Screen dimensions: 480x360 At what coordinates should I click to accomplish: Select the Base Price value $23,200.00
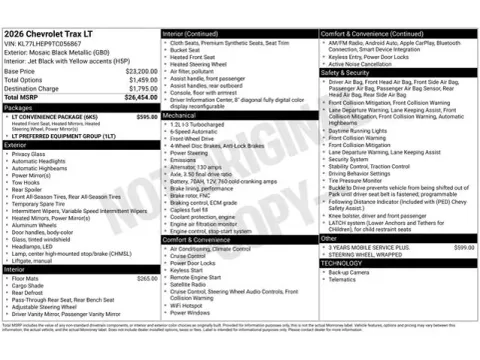point(140,71)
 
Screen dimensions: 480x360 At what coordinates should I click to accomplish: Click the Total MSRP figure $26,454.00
point(140,98)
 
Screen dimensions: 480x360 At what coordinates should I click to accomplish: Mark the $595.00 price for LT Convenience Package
point(146,117)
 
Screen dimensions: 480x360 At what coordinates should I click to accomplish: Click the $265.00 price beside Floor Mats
point(146,279)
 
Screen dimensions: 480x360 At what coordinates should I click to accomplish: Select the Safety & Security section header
point(345,72)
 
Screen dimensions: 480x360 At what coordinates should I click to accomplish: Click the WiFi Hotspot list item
point(191,305)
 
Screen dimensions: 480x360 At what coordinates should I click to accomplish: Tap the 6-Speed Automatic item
point(195,131)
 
